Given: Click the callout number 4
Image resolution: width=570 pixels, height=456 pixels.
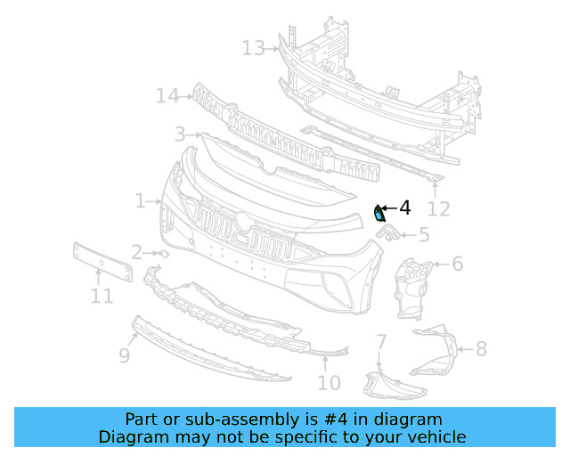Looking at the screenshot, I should [405, 208].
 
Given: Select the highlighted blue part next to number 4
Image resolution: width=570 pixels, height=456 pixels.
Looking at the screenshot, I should [379, 212].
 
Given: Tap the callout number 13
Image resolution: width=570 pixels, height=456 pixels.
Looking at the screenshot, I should [253, 47].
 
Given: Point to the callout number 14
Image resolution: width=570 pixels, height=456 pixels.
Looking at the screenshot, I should [167, 94].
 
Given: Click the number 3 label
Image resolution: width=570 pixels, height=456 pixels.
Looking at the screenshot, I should [180, 134].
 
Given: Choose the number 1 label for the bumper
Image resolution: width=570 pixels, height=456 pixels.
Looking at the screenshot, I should [140, 201].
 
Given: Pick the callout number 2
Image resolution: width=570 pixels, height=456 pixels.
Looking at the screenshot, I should [136, 252].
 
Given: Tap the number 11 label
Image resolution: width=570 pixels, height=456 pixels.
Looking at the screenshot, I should [102, 296].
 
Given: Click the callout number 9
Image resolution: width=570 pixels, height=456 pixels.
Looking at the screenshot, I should [125, 355].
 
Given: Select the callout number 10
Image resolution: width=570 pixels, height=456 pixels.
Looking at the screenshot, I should [329, 383].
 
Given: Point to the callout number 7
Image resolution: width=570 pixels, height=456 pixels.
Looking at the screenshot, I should [380, 342].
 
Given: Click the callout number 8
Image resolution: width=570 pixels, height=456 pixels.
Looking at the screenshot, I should [481, 348].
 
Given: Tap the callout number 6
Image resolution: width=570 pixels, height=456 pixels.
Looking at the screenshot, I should [457, 264].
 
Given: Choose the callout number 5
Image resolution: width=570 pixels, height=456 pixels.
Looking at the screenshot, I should [424, 235].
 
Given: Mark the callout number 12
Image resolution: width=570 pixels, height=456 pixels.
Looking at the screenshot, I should [439, 209].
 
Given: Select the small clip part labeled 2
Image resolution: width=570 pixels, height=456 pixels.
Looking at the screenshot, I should [163, 253].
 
